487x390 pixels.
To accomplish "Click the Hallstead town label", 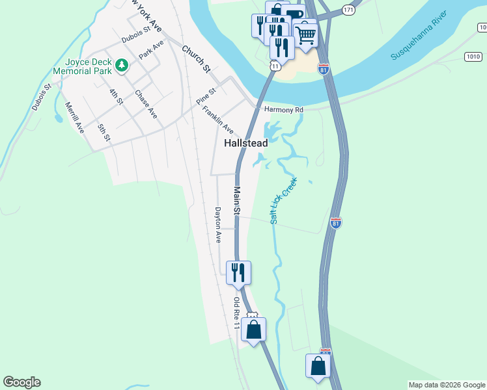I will [246, 142].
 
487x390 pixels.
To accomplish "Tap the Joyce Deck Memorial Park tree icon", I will [122, 66].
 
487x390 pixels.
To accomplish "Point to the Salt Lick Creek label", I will [283, 200].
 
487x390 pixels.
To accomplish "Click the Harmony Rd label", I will [283, 110].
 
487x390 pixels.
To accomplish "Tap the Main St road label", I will [238, 201].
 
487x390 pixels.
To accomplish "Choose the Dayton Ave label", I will [219, 225].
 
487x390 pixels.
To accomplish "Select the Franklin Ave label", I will [217, 120].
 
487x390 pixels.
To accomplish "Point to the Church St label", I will [197, 58].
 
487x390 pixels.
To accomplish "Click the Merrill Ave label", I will [74, 118].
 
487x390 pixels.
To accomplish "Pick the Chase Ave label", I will [146, 104].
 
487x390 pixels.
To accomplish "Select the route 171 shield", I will [349, 10].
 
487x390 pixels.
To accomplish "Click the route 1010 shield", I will [473, 57].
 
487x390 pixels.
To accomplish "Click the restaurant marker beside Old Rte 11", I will [238, 272].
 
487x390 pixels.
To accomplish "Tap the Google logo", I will [21, 382].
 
